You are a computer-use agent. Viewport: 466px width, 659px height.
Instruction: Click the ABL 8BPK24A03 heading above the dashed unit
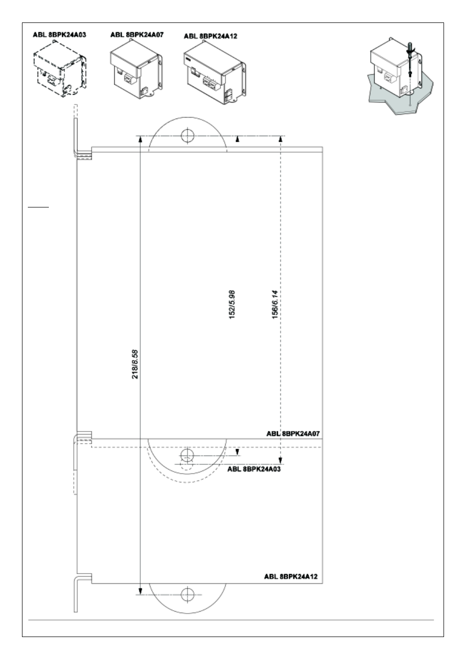60,35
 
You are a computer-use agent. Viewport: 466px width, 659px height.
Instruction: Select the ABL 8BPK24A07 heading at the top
137,35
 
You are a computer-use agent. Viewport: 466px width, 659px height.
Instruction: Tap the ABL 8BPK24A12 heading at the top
211,36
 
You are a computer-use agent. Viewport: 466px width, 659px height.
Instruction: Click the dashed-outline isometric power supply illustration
60,69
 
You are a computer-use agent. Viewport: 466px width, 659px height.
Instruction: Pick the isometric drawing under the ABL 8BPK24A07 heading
137,68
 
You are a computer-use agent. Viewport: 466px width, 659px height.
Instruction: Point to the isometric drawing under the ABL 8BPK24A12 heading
215,72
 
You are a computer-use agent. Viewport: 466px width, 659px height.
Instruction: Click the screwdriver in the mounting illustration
410,61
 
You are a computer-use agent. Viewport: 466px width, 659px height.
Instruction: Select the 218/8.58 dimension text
135,364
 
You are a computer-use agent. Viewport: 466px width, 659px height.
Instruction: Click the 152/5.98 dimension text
232,305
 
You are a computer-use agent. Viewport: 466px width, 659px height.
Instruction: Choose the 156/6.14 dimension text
275,305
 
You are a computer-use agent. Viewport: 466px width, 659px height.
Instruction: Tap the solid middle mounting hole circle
187,456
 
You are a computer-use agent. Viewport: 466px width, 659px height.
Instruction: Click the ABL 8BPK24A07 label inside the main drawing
293,433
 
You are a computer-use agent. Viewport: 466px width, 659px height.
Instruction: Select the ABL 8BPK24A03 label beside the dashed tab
254,469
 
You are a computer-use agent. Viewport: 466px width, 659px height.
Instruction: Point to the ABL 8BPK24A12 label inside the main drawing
291,577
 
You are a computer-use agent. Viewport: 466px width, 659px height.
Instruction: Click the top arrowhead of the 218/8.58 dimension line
140,139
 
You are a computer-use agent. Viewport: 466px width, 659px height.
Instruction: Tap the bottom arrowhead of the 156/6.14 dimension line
280,461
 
